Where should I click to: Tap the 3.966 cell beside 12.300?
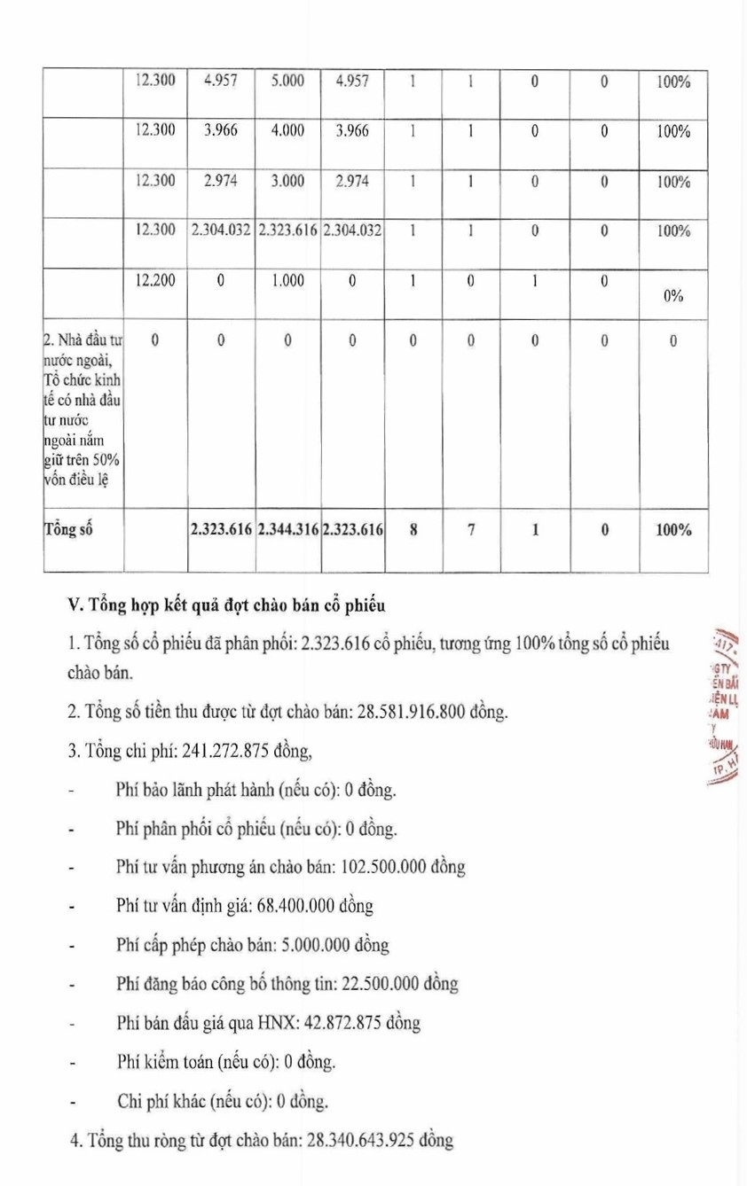click(220, 130)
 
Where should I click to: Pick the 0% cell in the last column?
click(673, 296)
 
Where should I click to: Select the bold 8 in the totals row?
click(413, 530)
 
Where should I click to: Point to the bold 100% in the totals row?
click(673, 530)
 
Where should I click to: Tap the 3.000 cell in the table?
click(287, 181)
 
